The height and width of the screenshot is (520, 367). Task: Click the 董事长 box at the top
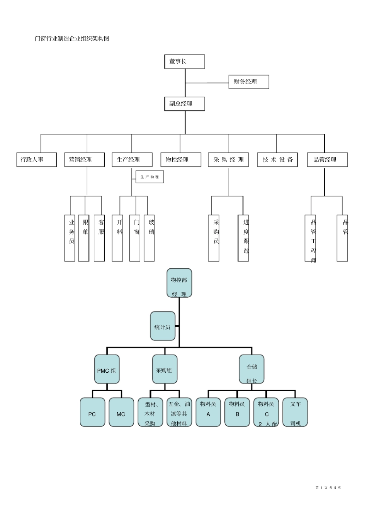[184, 62]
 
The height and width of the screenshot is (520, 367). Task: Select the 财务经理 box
[248, 82]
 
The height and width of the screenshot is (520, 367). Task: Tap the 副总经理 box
[184, 104]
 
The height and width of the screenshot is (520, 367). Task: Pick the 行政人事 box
[36, 160]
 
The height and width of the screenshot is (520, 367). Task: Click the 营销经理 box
[84, 160]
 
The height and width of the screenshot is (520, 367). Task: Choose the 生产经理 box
[132, 160]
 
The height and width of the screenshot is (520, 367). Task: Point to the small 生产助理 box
[150, 177]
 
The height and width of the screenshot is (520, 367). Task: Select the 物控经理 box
[181, 160]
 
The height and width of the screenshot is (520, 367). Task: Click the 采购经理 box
[228, 160]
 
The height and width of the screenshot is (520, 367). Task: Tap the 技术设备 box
[277, 160]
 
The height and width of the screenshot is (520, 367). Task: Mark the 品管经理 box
[327, 160]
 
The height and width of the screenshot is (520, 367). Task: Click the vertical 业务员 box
[70, 238]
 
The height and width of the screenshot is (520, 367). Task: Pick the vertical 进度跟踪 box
[243, 238]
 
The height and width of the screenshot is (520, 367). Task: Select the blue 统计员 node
[163, 326]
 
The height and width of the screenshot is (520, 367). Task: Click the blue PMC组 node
[107, 369]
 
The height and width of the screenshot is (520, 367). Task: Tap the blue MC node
[121, 413]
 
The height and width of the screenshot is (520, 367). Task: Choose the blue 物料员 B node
[237, 413]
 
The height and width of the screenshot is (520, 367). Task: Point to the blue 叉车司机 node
[295, 413]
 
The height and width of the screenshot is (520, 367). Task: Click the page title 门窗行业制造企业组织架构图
[72, 39]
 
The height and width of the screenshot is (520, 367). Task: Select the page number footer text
[328, 488]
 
